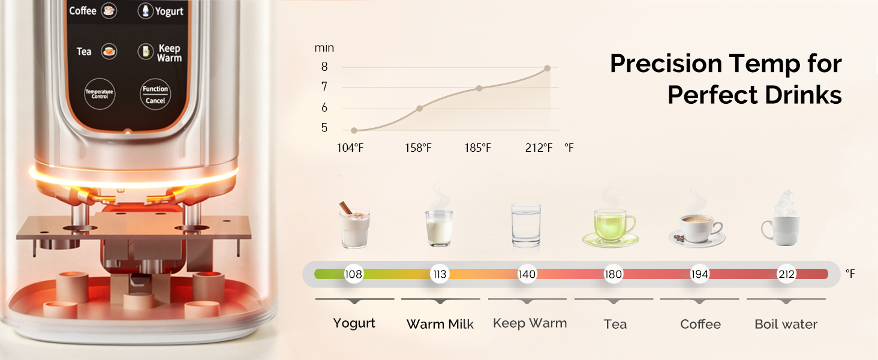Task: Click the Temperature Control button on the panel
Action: tap(100, 94)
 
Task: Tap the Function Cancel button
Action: tap(155, 94)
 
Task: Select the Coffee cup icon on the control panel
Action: tap(109, 11)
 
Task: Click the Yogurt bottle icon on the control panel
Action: tap(145, 11)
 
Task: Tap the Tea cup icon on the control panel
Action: tap(109, 52)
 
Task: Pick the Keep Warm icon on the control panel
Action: tap(145, 52)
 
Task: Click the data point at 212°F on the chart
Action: tap(547, 68)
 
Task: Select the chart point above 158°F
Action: tap(419, 108)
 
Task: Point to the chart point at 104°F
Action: tap(354, 130)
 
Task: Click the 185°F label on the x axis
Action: tap(477, 148)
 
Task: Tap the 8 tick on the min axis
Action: tap(324, 67)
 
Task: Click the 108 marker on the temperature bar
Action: tap(353, 274)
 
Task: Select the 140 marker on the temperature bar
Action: tap(527, 274)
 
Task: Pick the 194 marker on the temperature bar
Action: tap(700, 274)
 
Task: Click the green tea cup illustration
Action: tap(611, 227)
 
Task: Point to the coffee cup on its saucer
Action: tap(697, 231)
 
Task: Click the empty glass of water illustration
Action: tap(526, 225)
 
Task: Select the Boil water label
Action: tap(786, 325)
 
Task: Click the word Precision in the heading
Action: tap(666, 64)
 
